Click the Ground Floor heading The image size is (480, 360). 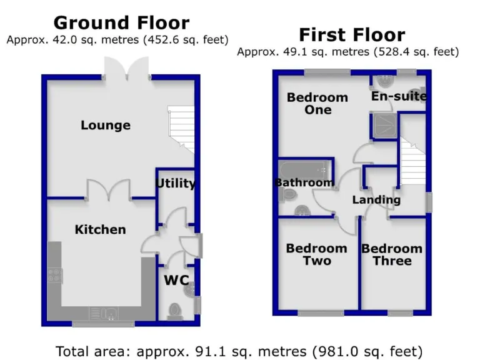[x=121, y=23]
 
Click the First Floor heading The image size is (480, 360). [x=352, y=34]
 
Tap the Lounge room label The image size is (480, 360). [x=106, y=125]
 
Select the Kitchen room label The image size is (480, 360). [x=100, y=229]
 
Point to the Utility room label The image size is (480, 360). [x=176, y=183]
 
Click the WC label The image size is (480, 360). [x=176, y=281]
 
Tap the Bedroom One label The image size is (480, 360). [x=317, y=104]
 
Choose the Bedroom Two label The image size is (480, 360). [x=316, y=254]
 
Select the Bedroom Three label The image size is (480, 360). [x=392, y=254]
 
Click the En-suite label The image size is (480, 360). [x=399, y=96]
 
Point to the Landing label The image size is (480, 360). [x=376, y=200]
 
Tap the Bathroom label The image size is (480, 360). [x=304, y=182]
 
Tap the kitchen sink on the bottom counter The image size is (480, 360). [x=103, y=312]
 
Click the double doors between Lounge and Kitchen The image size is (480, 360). [x=109, y=190]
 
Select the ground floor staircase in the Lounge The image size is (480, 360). [x=181, y=132]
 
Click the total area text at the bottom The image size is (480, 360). [x=239, y=350]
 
